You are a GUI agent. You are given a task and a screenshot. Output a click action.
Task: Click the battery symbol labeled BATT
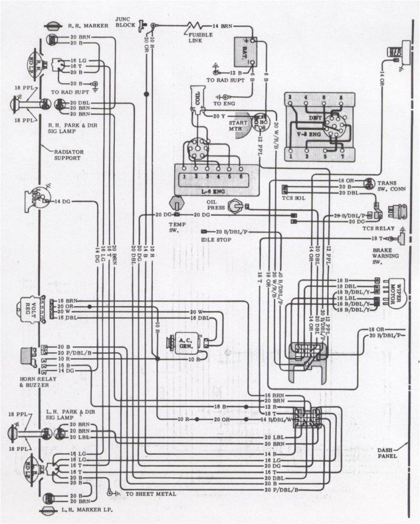245,50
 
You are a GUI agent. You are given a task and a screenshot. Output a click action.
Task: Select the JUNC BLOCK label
123,22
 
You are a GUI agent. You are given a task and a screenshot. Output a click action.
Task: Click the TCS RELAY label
379,228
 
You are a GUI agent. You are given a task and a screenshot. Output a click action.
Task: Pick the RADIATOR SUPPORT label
69,154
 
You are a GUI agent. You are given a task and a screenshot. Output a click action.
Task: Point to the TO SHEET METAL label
151,494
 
